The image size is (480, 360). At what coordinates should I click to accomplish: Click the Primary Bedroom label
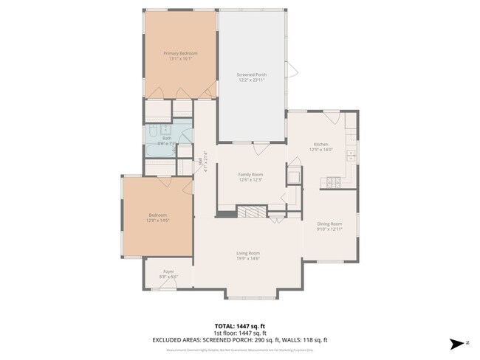click(x=180, y=53)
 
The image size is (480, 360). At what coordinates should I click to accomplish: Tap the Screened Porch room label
click(x=251, y=75)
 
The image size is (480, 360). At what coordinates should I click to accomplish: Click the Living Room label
click(x=247, y=252)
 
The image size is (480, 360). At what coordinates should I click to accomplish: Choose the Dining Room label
click(x=329, y=224)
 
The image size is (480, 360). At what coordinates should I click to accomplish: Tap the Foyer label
click(x=168, y=271)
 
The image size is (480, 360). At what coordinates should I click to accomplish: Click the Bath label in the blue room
click(x=168, y=138)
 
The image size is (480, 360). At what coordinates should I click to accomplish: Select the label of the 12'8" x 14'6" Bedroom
click(x=159, y=215)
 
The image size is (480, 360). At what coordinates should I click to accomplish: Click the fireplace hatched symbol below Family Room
click(x=250, y=211)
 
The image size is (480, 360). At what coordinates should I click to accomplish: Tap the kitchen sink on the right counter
click(x=352, y=156)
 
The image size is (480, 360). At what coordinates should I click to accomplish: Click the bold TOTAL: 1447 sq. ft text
click(x=239, y=325)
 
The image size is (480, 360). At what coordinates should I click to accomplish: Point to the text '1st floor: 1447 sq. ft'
click(x=239, y=333)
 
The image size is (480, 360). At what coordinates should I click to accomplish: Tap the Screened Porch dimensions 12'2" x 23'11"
click(x=251, y=80)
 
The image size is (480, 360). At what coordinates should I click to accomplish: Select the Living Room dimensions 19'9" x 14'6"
click(x=247, y=257)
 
